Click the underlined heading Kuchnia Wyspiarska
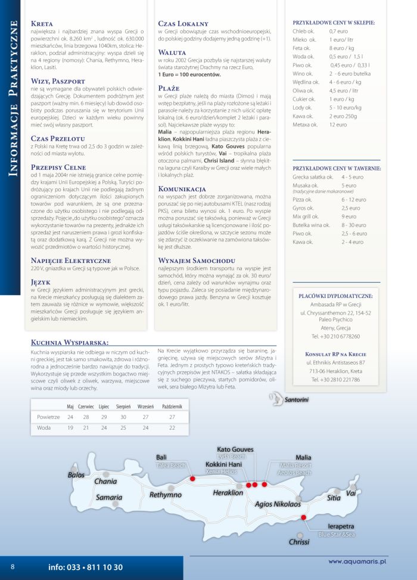(x=69, y=343)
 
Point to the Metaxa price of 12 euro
(x=338, y=125)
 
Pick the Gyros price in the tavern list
(x=350, y=208)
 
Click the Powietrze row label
(x=48, y=417)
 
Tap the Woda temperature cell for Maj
(x=70, y=427)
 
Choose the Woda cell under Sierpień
(x=123, y=427)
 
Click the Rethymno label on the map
(x=165, y=495)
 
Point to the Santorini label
(x=296, y=399)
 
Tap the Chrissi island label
(x=299, y=542)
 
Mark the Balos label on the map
(x=76, y=475)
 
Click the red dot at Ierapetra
(x=303, y=517)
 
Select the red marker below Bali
(x=192, y=478)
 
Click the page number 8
(x=13, y=566)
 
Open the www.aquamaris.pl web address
(x=357, y=561)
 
